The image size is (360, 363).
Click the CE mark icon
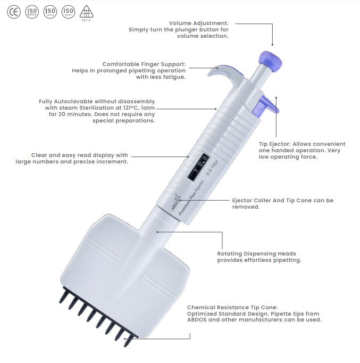pyautogui.click(x=13, y=11)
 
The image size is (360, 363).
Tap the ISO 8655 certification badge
pyautogui.click(x=32, y=11)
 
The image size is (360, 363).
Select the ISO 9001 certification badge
pyautogui.click(x=68, y=11)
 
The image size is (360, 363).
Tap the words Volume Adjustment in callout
pyautogui.click(x=198, y=23)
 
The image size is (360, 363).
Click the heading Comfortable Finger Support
pyautogui.click(x=144, y=64)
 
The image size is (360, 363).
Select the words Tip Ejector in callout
pyautogui.click(x=274, y=144)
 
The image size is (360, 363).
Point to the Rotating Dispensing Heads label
pyautogui.click(x=256, y=254)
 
